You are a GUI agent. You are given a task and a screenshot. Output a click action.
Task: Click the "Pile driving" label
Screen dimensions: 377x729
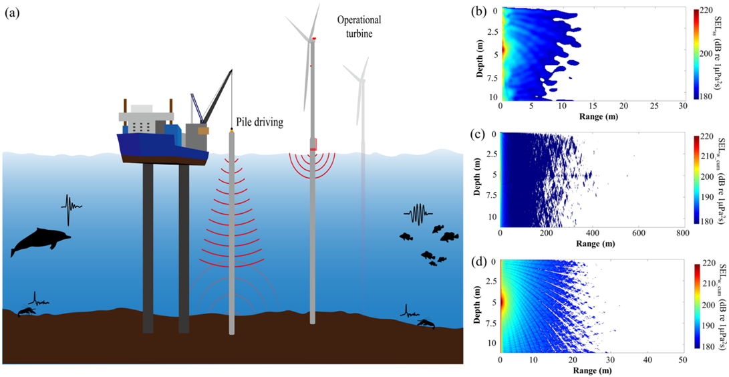click(x=260, y=122)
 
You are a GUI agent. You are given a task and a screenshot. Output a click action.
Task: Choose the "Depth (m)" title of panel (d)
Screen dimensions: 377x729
click(x=484, y=296)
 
